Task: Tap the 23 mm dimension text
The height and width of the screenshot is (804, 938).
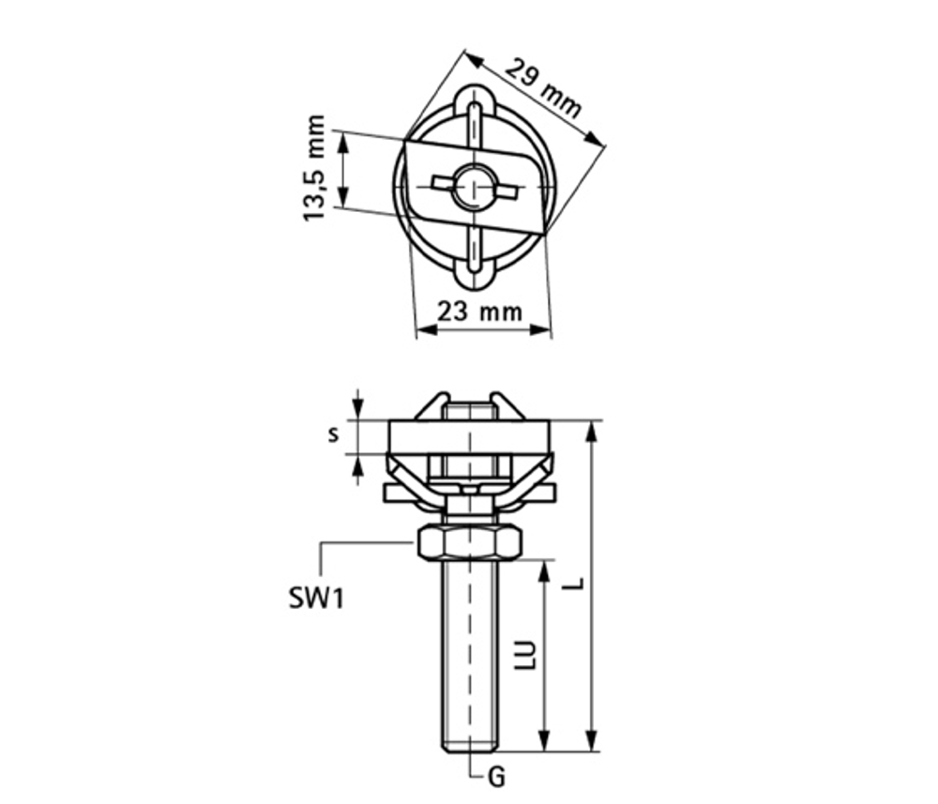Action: pos(480,311)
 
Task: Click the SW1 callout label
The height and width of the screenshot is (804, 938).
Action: pos(316,597)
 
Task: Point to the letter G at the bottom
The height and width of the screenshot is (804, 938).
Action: pos(497,777)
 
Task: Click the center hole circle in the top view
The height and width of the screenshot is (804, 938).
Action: pos(475,186)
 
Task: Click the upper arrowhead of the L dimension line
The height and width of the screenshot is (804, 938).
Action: pos(591,429)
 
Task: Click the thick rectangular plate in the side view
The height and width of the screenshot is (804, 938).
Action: pos(468,436)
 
